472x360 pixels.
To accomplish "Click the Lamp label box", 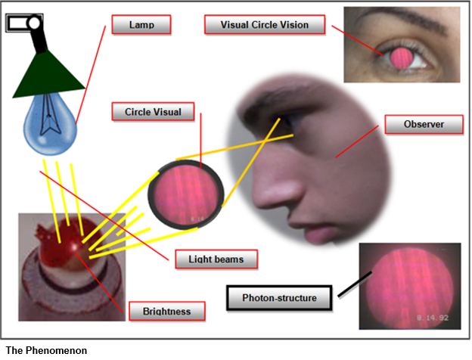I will (141, 24).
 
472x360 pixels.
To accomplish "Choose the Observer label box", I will (423, 124).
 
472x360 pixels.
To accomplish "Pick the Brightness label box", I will (166, 311).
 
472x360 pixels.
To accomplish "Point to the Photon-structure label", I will (278, 298).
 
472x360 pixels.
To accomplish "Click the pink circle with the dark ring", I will (185, 195).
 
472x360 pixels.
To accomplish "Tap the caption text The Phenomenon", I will (46, 350).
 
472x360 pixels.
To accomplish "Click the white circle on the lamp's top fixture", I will (35, 23).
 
